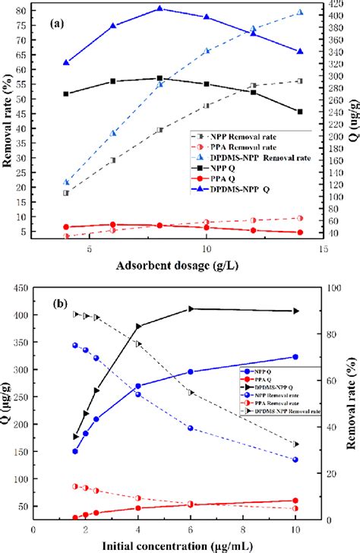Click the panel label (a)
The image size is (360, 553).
pyautogui.click(x=58, y=24)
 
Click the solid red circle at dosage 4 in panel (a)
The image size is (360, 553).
pyautogui.click(x=66, y=226)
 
